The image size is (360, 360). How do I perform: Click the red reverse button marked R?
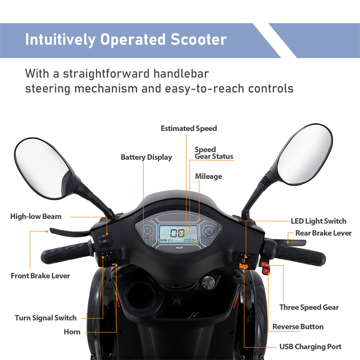click(x=266, y=271)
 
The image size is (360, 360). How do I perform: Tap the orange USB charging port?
click(x=244, y=266)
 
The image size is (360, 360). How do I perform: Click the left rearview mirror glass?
click(x=41, y=168)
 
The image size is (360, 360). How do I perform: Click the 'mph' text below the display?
click(x=180, y=248)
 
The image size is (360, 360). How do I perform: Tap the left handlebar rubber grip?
click(x=65, y=253)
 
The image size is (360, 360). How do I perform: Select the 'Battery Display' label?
click(x=146, y=157)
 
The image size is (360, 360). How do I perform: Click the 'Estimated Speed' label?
click(x=189, y=129)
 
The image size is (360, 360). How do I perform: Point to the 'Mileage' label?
click(x=208, y=176)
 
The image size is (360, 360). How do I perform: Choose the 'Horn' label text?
click(x=72, y=332)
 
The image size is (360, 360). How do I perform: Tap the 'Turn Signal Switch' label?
click(x=46, y=318)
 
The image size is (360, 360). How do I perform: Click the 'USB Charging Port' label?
click(x=310, y=347)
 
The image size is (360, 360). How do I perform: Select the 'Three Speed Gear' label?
click(x=309, y=307)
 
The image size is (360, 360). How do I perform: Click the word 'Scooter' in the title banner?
click(x=199, y=40)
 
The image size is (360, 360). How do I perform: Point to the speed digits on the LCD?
click(x=177, y=233)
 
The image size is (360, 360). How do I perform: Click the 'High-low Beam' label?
click(x=36, y=216)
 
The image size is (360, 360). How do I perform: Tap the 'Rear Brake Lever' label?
click(x=323, y=233)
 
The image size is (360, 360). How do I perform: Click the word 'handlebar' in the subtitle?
click(x=181, y=74)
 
